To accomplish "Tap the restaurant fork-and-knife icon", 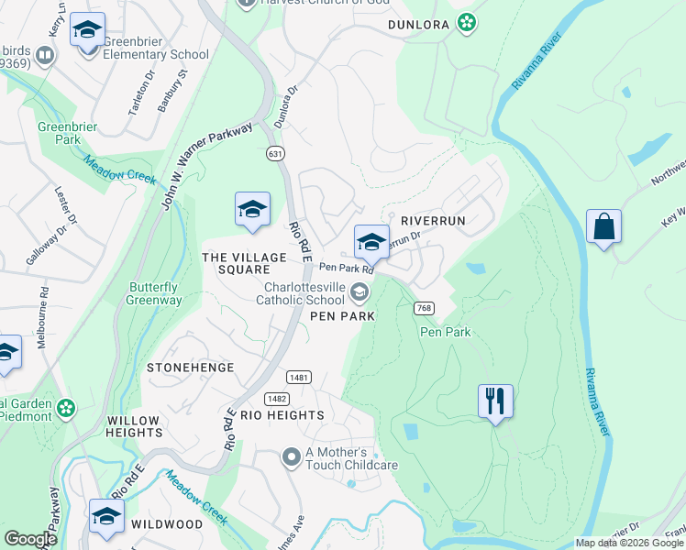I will tap(494, 401).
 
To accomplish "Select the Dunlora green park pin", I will tap(467, 23).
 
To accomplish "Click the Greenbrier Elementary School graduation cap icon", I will tap(88, 31).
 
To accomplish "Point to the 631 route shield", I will tap(275, 153).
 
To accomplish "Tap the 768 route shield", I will tap(423, 308).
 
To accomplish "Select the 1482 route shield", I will tap(277, 398).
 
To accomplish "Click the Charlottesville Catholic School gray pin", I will tap(360, 292).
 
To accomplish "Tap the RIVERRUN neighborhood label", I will tap(434, 221).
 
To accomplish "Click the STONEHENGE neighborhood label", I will tap(190, 367).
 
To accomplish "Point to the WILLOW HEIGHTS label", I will tap(133, 426).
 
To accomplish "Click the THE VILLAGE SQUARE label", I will tap(236, 264).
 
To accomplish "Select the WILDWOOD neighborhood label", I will tap(166, 524).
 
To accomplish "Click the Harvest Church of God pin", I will tap(246, 3).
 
